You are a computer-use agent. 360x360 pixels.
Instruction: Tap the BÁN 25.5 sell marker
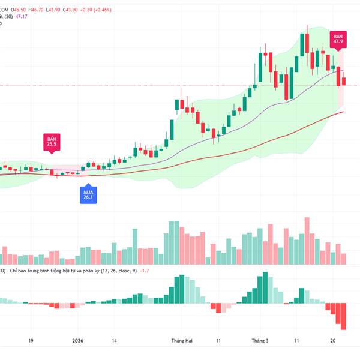(51, 143)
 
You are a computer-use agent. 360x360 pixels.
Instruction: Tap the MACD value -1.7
(144, 271)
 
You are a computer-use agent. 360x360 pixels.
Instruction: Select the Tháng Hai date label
(181, 340)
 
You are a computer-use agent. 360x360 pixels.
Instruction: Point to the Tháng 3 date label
(260, 340)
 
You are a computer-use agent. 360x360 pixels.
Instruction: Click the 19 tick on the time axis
(30, 340)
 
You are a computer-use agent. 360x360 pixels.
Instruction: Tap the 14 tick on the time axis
(113, 340)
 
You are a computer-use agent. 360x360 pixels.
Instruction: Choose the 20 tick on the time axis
(333, 340)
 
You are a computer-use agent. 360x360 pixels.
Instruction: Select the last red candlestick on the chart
(344, 82)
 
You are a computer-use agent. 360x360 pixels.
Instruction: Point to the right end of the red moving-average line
(343, 112)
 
